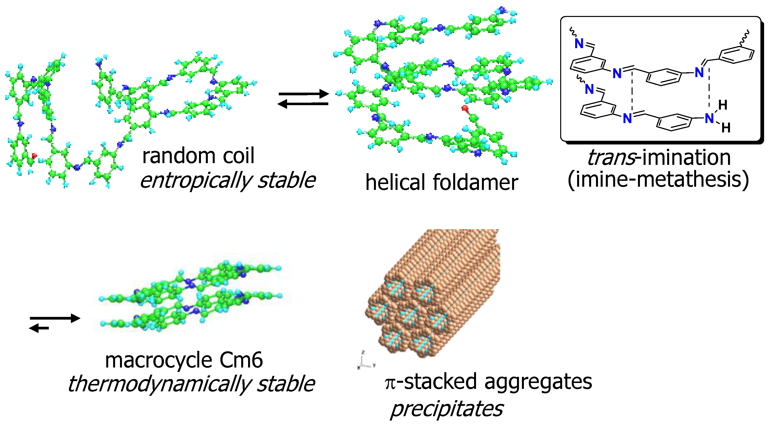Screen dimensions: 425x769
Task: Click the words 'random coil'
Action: coord(198,156)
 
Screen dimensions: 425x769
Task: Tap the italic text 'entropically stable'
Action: coord(227,180)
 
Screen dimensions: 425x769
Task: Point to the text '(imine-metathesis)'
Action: coord(658,180)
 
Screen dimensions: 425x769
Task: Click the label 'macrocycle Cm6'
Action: coord(184,360)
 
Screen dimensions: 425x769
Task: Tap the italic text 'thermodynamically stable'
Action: coord(191,384)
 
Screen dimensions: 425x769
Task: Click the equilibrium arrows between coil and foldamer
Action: coord(303,99)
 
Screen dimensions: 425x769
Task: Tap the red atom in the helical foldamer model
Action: coord(464,108)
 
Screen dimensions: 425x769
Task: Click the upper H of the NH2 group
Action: coord(723,105)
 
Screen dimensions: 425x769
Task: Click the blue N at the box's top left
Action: coord(579,44)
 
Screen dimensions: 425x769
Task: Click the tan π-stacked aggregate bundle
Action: coord(436,293)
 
